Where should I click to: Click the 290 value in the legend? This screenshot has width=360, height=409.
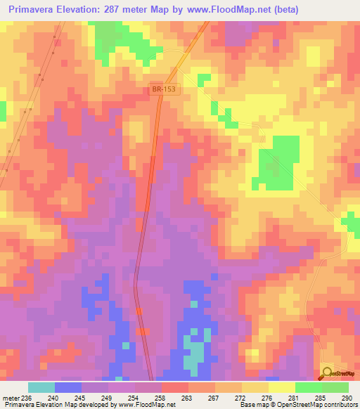pos(345,398)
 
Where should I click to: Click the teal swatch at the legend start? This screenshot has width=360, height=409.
pos(41,387)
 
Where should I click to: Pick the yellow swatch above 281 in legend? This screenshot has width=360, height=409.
pos(281,387)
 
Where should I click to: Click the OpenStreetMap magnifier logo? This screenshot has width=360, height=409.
pos(328,372)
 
